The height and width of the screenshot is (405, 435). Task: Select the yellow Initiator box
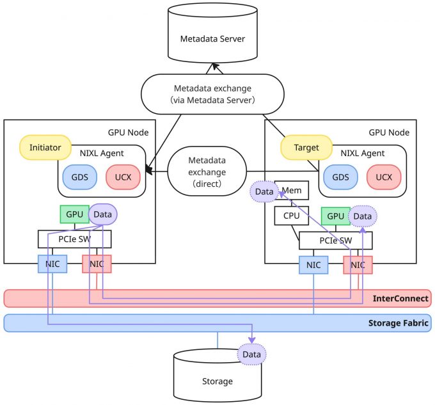point(45,147)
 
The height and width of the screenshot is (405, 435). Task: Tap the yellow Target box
point(306,147)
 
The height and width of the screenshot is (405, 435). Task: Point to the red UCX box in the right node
point(384,177)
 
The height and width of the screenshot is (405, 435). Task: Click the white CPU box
point(291,216)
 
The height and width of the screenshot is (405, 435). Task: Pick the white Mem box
point(292,190)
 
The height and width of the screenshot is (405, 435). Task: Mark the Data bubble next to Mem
point(264,191)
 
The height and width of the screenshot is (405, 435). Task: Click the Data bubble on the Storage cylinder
point(251,354)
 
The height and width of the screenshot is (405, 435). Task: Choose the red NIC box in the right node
point(358,264)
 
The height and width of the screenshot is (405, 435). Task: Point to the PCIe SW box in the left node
point(74,239)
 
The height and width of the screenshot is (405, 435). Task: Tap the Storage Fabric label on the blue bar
point(397,323)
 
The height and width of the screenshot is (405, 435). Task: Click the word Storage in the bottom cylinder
point(217,381)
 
